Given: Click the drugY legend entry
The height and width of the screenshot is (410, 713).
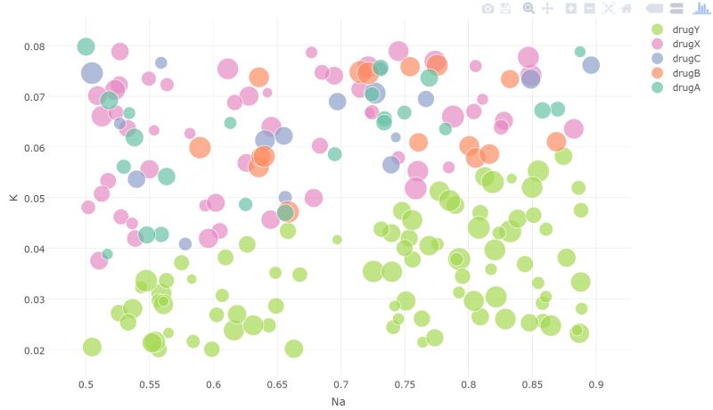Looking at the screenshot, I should click(685, 29).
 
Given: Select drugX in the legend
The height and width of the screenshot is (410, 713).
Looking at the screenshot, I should click(685, 44).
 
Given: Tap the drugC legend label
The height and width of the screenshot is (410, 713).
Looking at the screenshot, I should click(685, 58).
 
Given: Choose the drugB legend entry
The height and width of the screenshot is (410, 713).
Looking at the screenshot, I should click(685, 72).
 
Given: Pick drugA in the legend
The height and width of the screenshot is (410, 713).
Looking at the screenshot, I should click(685, 86).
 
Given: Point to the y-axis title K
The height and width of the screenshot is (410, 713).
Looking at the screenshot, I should click(12, 197).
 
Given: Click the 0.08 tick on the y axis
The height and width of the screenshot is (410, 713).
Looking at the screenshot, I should click(34, 46).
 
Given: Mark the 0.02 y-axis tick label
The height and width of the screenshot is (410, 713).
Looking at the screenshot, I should click(34, 350).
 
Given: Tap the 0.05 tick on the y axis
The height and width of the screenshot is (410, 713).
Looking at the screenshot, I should click(34, 198).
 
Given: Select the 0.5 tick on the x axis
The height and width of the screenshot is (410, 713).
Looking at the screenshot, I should click(86, 384).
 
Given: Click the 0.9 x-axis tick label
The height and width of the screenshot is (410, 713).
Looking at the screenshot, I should click(595, 384).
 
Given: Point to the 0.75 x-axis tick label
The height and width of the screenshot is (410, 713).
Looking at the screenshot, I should click(405, 384).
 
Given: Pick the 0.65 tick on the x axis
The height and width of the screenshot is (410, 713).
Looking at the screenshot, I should click(277, 384).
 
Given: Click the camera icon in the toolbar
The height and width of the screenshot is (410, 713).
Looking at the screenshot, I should click(488, 8).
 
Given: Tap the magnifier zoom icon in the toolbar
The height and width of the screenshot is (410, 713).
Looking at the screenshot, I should click(529, 8).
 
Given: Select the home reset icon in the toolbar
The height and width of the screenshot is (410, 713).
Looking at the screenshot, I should click(627, 8).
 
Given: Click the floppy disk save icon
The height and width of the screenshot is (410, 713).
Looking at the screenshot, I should click(505, 8).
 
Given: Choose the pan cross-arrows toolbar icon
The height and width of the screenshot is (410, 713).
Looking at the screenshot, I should click(547, 8).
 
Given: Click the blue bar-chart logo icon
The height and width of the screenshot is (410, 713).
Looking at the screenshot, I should click(702, 8).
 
